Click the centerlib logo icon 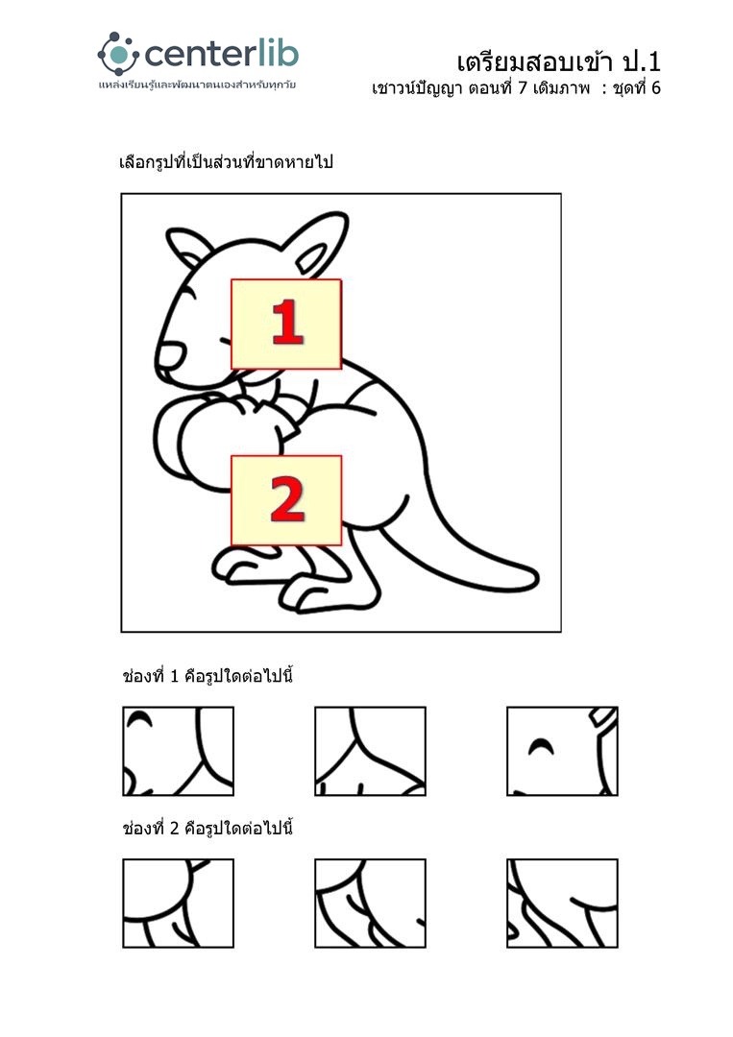pos(118,54)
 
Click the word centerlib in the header pos(221,54)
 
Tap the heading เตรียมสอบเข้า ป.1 pos(558,61)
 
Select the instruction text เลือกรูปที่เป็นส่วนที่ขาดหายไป pos(226,162)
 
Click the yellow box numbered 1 pos(285,325)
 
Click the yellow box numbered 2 pos(285,500)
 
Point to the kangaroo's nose pos(169,357)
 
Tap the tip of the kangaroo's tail pos(533,579)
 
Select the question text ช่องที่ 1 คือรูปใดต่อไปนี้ pos(208,677)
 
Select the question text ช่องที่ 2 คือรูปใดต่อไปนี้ pos(208,828)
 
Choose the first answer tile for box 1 pos(178,751)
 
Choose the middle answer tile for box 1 pos(370,751)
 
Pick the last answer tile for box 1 pos(562,751)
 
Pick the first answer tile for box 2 pos(178,904)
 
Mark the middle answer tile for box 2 pos(370,904)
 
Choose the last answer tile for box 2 pos(562,904)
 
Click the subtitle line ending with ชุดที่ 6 pos(516,88)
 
